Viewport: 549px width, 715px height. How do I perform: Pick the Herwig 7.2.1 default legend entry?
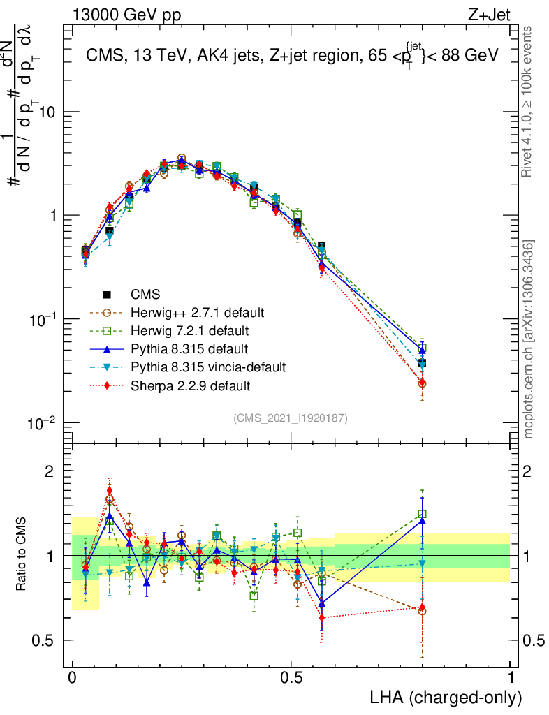(x=189, y=330)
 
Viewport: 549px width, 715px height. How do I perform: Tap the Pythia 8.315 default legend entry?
(x=189, y=348)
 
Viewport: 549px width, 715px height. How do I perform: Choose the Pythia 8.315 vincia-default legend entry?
(x=207, y=367)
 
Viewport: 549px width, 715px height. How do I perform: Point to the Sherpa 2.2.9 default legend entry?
(x=189, y=385)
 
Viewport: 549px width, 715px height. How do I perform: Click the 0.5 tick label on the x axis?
(x=291, y=677)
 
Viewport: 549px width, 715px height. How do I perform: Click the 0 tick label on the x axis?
(x=73, y=677)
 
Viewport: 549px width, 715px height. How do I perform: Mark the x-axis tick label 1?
(x=510, y=677)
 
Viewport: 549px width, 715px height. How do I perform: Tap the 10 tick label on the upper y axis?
(x=46, y=112)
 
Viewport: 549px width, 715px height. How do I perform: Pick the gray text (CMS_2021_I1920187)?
(x=290, y=418)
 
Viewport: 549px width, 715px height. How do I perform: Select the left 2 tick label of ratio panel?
(x=50, y=471)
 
